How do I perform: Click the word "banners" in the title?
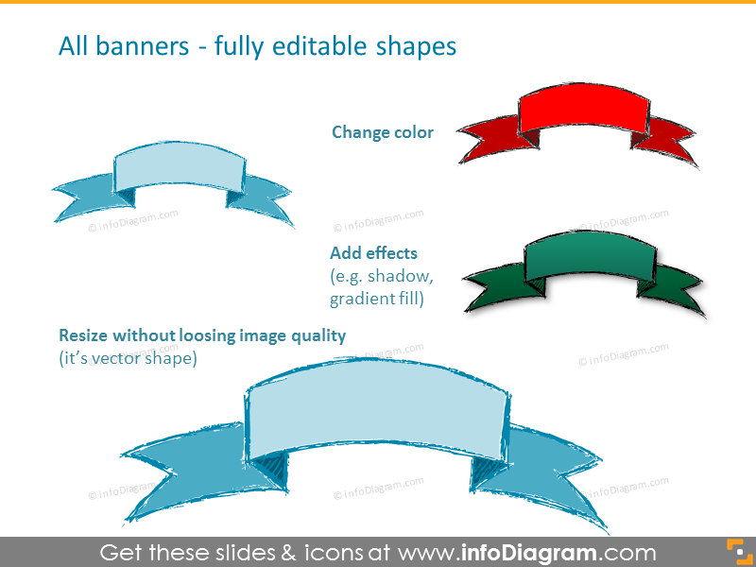pyautogui.click(x=143, y=46)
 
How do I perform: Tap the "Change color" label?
pyautogui.click(x=383, y=132)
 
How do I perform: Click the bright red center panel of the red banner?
pyautogui.click(x=584, y=109)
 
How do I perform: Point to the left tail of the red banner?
pyautogui.click(x=491, y=137)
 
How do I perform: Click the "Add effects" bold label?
pyautogui.click(x=373, y=253)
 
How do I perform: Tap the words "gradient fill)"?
pyautogui.click(x=376, y=299)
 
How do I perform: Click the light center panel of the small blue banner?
pyautogui.click(x=180, y=166)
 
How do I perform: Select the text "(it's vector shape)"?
pyautogui.click(x=128, y=359)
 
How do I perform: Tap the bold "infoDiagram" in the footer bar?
pyautogui.click(x=528, y=553)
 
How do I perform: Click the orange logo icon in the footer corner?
pyautogui.click(x=739, y=551)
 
